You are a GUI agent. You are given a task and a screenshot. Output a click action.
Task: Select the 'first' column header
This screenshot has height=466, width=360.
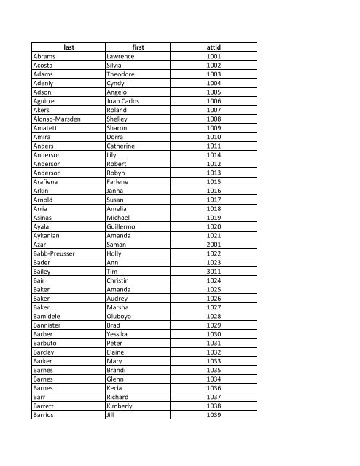[x=139, y=47]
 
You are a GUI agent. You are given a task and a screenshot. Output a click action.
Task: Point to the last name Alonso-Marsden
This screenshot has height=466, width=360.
[x=62, y=119]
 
